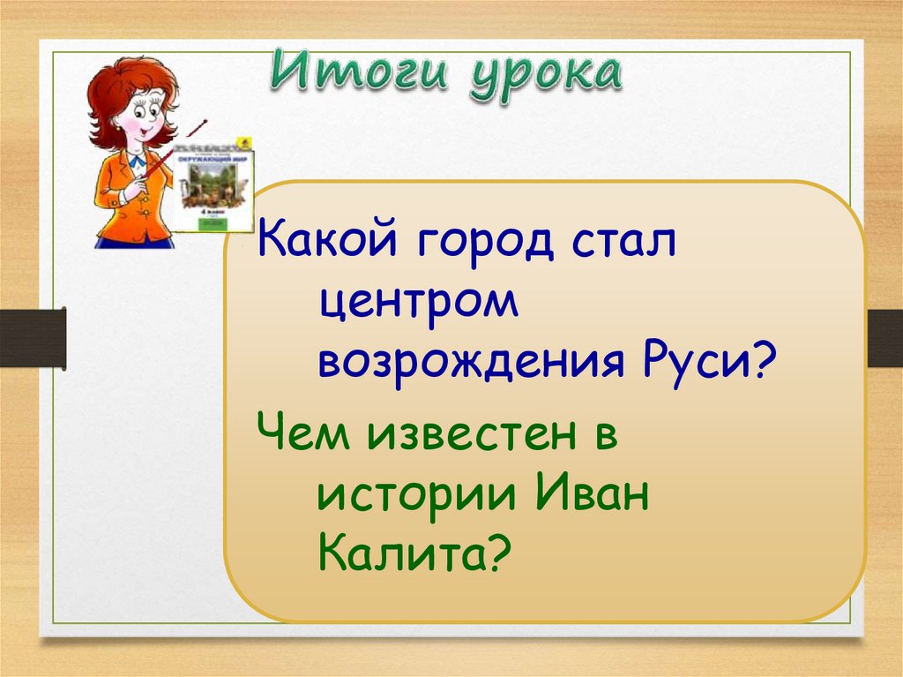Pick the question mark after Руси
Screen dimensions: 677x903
pyautogui.click(x=760, y=360)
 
